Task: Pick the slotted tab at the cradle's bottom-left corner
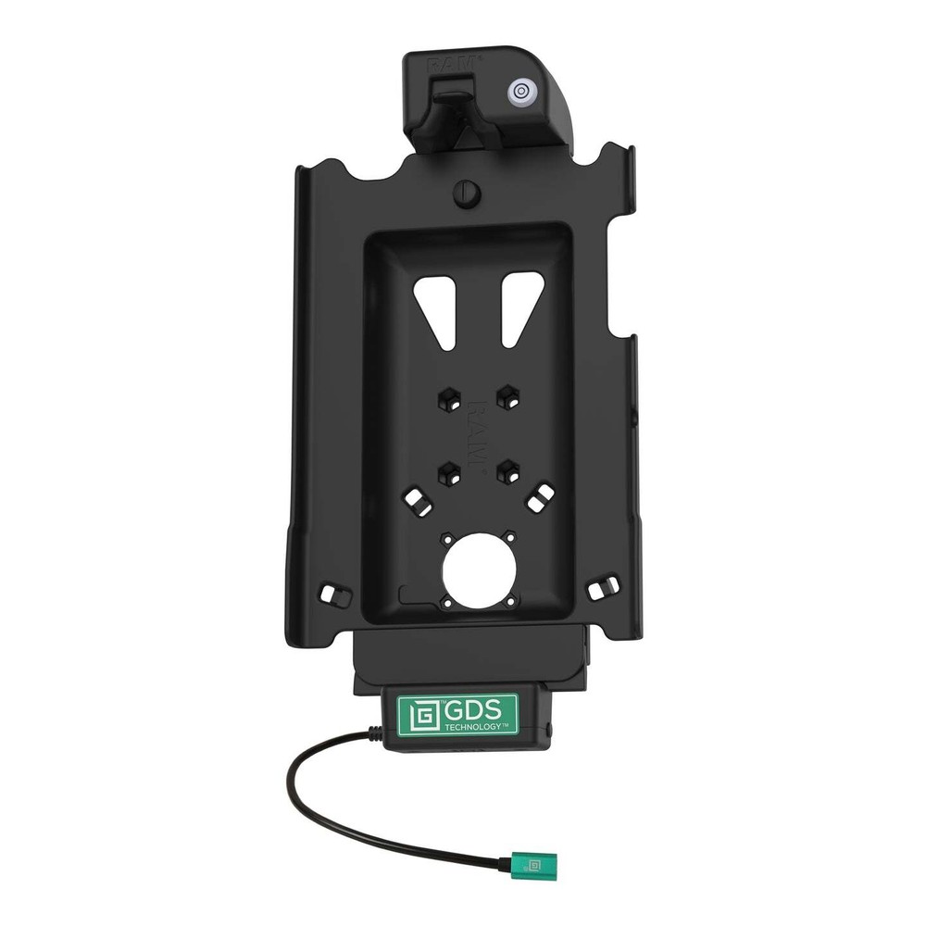coord(331,590)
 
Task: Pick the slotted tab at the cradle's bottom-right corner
coord(607,587)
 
